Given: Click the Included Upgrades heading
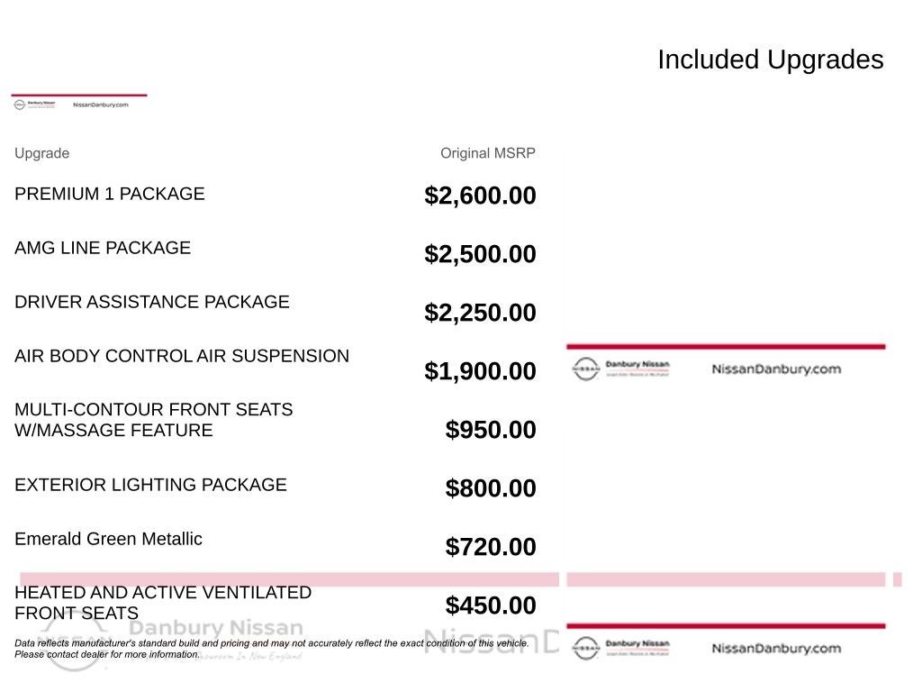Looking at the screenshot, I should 770,59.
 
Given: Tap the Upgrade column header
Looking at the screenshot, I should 41,153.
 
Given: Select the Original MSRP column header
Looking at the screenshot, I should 487,153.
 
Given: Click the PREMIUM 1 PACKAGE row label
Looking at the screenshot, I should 110,194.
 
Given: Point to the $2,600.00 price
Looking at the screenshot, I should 480,196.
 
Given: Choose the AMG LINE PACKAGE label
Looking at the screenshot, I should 103,248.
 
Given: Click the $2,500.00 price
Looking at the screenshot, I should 480,254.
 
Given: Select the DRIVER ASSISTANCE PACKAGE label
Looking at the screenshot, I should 152,302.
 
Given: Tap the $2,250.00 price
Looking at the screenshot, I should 480,313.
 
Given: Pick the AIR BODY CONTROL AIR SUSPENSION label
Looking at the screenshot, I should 182,356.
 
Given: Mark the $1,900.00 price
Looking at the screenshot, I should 480,371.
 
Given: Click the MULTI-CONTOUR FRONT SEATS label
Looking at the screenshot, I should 153,420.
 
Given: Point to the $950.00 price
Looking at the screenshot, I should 491,430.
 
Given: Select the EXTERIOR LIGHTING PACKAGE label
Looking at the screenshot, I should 150,485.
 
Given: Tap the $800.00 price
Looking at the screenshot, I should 491,488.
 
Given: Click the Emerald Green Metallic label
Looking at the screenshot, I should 108,539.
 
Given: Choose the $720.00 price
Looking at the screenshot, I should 491,547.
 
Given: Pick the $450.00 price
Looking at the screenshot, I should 491,605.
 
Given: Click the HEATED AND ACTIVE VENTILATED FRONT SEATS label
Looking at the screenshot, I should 162,603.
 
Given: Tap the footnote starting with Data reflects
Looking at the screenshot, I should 271,649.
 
